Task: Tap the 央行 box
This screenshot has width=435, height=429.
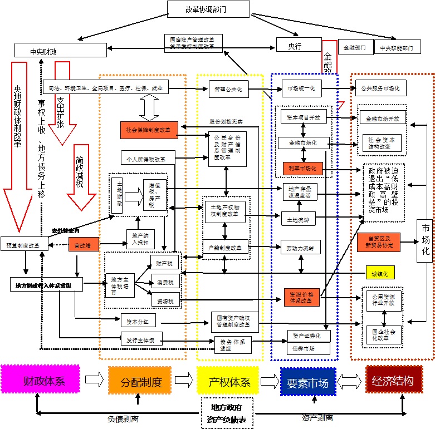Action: [x=299, y=45]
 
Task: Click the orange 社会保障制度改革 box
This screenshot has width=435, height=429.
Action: [x=149, y=130]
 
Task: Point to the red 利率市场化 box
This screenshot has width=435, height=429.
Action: [x=302, y=168]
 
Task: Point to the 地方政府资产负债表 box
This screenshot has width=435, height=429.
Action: [x=227, y=412]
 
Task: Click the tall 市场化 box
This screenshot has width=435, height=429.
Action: [x=426, y=240]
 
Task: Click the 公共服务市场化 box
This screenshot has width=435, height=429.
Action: [x=381, y=88]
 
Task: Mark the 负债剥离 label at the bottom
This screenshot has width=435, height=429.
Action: [x=123, y=417]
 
